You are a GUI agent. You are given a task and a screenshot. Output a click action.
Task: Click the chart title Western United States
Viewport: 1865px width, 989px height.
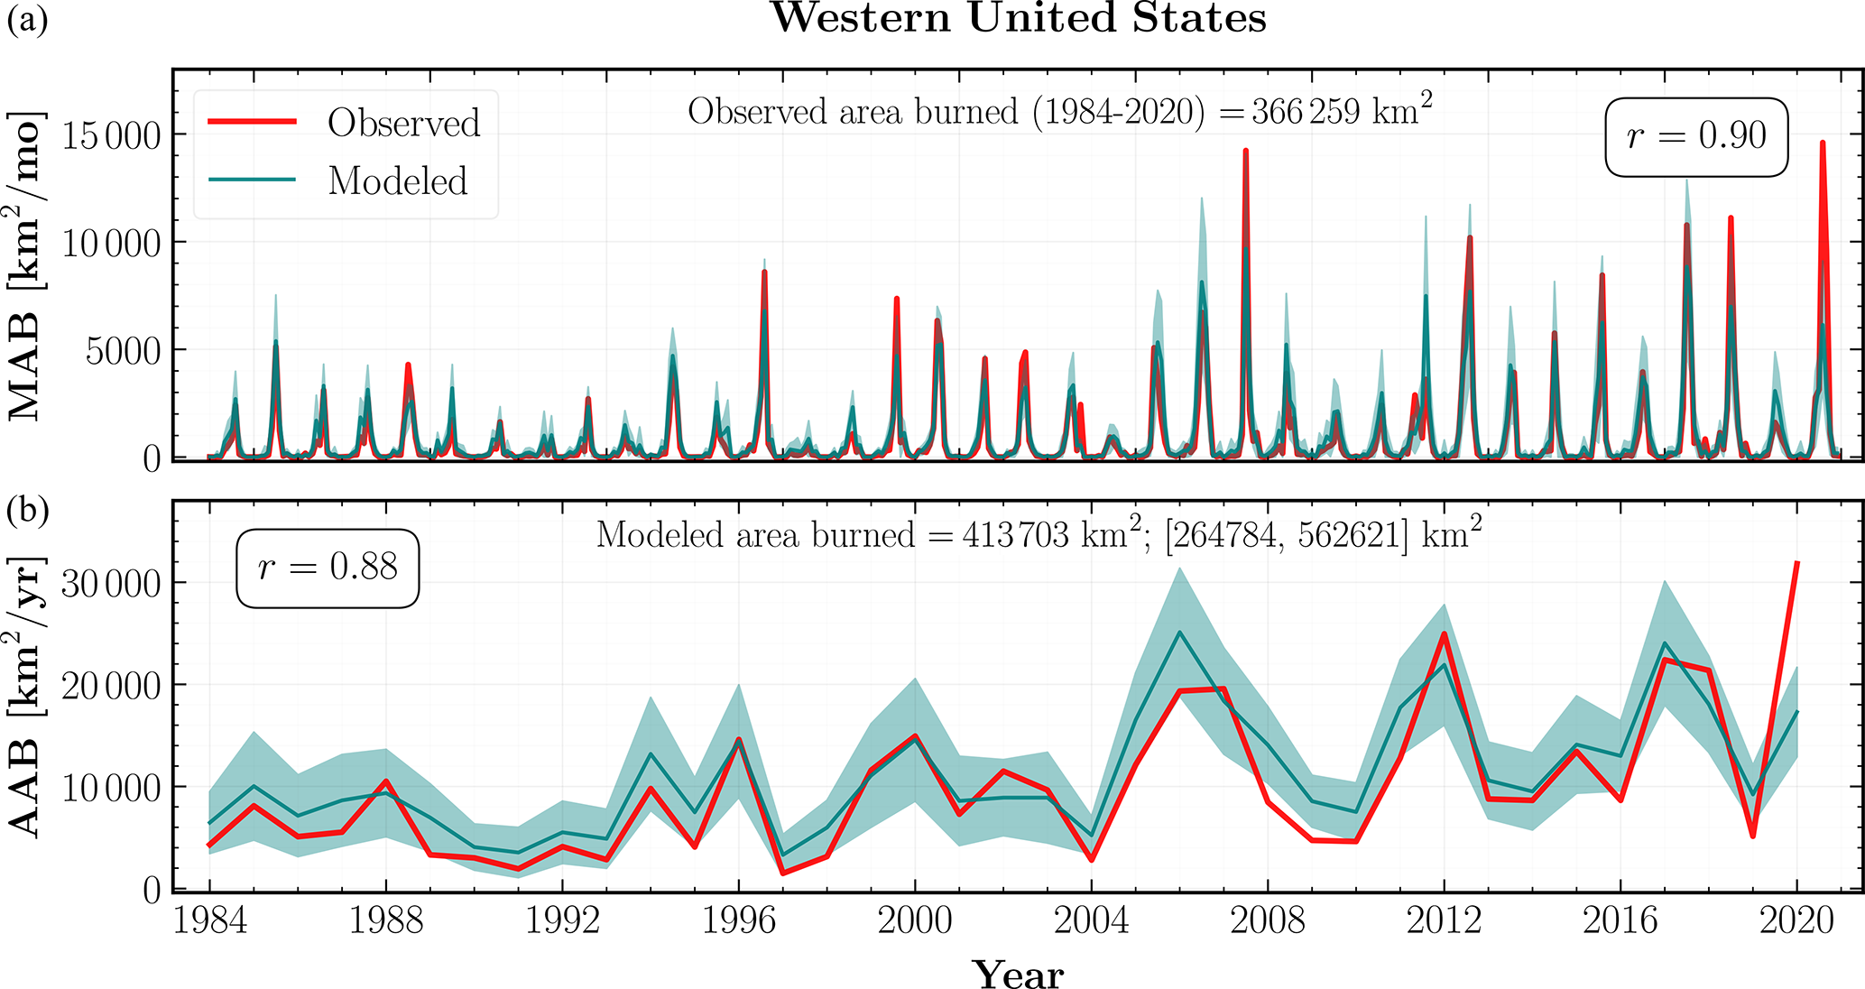[1018, 18]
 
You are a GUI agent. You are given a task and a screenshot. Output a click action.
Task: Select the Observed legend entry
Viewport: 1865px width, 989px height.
[402, 124]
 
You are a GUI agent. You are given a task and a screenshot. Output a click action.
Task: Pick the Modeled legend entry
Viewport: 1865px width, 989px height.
[397, 181]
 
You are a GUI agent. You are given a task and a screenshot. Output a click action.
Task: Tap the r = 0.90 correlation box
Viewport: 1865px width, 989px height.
[1696, 136]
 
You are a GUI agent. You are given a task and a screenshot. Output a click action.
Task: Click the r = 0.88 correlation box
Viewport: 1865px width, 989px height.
[328, 568]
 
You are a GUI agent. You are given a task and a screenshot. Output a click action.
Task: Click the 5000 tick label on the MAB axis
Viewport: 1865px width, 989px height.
[123, 351]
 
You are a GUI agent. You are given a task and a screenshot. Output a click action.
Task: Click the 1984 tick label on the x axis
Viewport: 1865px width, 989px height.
[209, 920]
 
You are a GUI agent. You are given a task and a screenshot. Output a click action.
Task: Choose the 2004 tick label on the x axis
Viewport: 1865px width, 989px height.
[1091, 920]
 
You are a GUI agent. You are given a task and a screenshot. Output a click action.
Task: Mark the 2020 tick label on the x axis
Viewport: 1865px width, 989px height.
[1796, 920]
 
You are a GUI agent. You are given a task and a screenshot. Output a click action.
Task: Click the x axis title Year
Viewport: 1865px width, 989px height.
[1018, 975]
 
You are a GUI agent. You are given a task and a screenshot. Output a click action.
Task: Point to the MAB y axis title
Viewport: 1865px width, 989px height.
[25, 266]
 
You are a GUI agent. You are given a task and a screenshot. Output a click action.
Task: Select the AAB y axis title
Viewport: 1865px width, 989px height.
[25, 697]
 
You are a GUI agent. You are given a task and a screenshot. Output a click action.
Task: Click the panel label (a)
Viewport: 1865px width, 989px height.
[27, 20]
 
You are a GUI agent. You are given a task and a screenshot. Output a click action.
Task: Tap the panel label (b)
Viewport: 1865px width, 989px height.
[27, 511]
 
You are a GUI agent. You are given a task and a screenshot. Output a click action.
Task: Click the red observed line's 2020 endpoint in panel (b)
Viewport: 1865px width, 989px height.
[1797, 563]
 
